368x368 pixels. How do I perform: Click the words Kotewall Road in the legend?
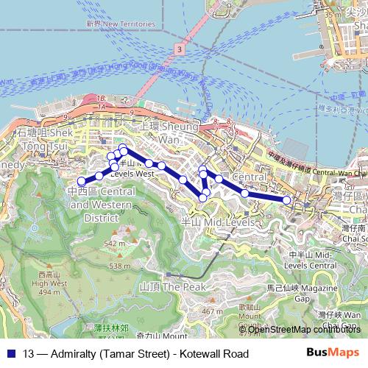[214, 354]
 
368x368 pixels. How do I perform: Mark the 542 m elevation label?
[114, 243]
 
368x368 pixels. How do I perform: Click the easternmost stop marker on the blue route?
[287, 199]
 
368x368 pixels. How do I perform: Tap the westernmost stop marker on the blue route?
[82, 181]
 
